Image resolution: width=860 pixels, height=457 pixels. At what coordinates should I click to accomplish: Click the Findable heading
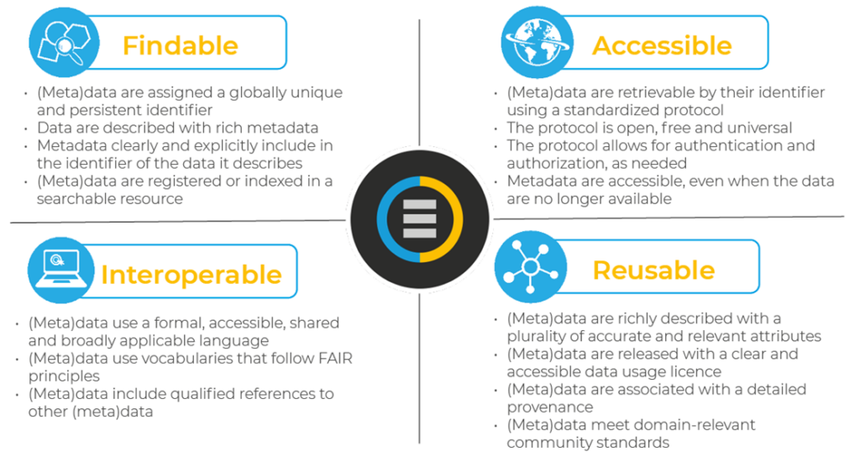pyautogui.click(x=180, y=45)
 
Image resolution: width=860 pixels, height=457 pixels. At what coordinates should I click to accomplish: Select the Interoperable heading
pyautogui.click(x=191, y=275)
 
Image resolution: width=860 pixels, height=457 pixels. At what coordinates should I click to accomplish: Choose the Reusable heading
pyautogui.click(x=653, y=270)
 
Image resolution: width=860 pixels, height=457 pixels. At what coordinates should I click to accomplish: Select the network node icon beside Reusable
pyautogui.click(x=529, y=270)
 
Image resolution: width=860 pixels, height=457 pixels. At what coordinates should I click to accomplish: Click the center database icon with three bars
pyautogui.click(x=419, y=220)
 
